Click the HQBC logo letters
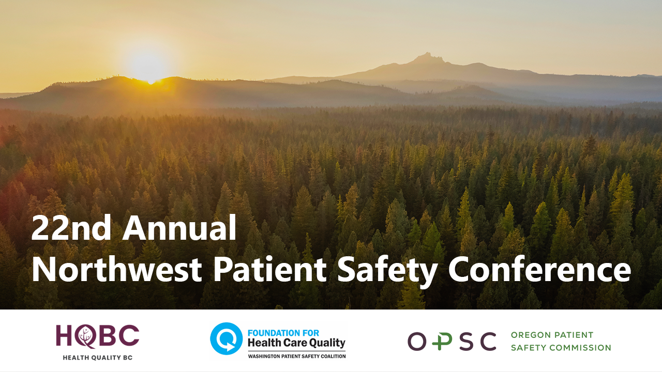tap(97, 336)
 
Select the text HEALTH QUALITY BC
tap(97, 358)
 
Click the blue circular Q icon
tap(226, 338)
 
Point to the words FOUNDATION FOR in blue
tap(283, 333)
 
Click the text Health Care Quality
tap(296, 343)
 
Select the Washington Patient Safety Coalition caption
tap(296, 356)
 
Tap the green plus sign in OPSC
tap(439, 342)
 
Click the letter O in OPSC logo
tap(416, 342)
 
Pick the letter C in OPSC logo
tap(486, 342)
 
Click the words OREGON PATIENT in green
tap(552, 335)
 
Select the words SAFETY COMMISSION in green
tap(561, 348)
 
